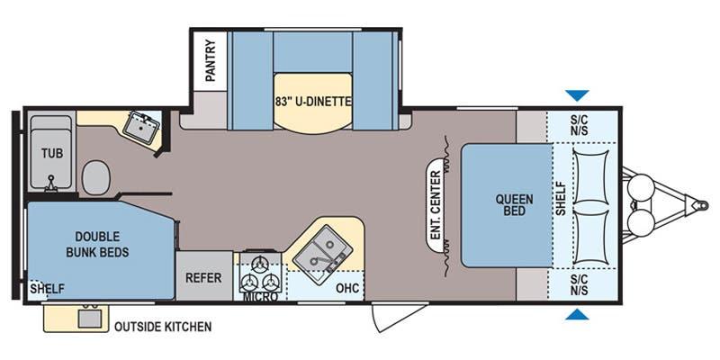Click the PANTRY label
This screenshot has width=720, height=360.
211,61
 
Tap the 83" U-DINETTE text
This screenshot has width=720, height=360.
313,101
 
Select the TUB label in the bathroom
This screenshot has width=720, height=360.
52,153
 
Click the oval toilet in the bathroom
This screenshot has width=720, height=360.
96,177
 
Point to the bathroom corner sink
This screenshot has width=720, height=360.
141,124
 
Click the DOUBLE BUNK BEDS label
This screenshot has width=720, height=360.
97,244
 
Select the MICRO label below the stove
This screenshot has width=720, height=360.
260,297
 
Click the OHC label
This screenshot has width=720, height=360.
347,288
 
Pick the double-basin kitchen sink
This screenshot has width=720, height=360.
323,255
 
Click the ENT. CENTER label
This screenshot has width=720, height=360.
436,205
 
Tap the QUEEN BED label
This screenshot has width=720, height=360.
514,205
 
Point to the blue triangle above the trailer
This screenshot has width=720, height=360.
577,95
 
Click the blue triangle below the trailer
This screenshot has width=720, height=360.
577,314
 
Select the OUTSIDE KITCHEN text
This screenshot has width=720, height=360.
163,327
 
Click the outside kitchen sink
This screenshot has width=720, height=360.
89,318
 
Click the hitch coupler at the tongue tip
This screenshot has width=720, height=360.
701,205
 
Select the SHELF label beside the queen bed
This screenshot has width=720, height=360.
561,199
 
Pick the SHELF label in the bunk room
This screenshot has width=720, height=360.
47,289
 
